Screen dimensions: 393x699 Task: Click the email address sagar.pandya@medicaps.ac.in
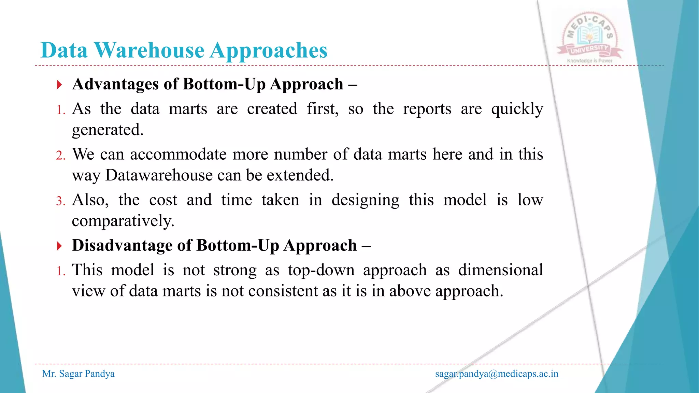pos(497,374)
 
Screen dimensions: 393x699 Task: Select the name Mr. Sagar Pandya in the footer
pos(78,374)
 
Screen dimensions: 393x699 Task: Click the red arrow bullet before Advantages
pos(59,85)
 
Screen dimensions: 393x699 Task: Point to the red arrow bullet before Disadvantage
pos(59,246)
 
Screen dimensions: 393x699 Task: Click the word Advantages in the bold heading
pos(115,84)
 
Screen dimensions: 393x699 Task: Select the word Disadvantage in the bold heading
pos(122,246)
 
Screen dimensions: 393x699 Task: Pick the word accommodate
pos(178,155)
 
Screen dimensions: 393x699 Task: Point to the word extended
pos(300,176)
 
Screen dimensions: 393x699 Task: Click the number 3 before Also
pos(60,201)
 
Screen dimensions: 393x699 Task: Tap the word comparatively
pos(123,221)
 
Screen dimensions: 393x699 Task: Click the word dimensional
pos(500,271)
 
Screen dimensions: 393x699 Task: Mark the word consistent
pos(283,292)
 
